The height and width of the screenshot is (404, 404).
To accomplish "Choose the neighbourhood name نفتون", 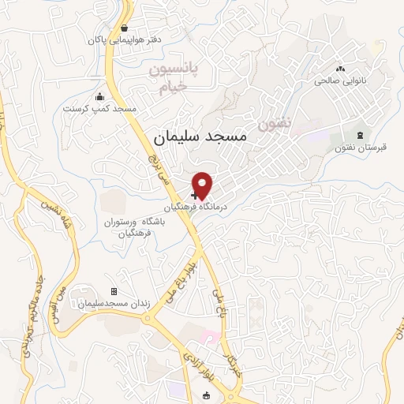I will [x=274, y=124].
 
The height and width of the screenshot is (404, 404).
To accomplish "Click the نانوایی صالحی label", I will [x=342, y=80].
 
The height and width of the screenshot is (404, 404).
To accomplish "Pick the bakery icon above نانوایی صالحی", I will [x=341, y=69].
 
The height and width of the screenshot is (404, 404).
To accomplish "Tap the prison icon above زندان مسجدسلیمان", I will [x=114, y=292].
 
